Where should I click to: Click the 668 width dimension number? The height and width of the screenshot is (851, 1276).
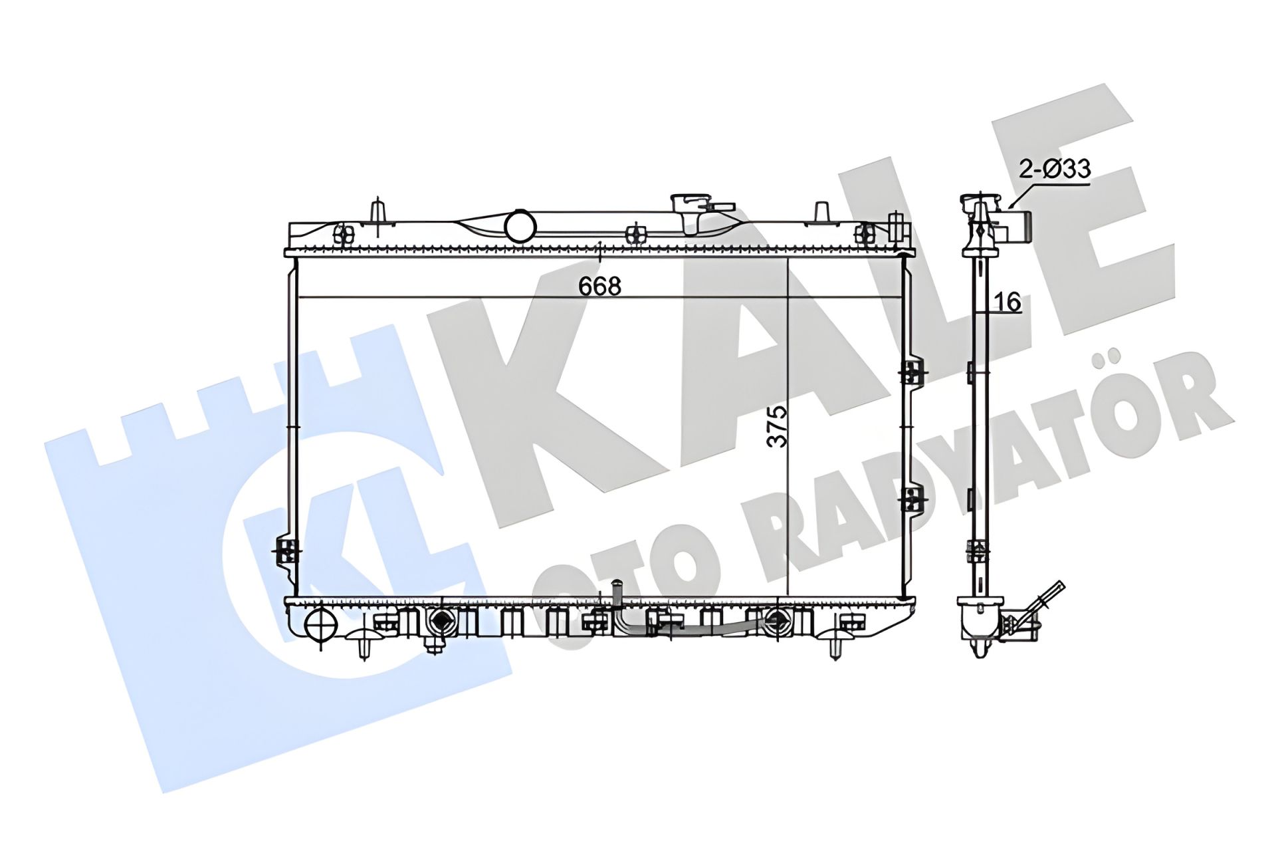coord(599,286)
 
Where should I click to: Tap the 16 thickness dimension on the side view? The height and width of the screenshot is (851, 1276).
coord(1008,303)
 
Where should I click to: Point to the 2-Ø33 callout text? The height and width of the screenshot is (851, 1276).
coord(1055,169)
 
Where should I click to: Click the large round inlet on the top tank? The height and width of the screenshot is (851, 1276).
coord(520,225)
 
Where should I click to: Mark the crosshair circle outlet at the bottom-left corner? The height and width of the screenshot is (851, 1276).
coord(320,624)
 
